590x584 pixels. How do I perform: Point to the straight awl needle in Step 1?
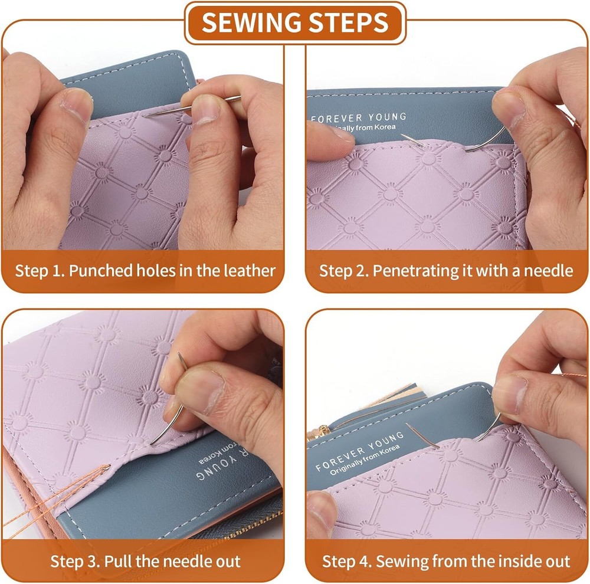click(x=192, y=107)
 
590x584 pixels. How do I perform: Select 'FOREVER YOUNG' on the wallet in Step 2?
click(x=359, y=118)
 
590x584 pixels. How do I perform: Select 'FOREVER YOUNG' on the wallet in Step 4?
click(x=360, y=451)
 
